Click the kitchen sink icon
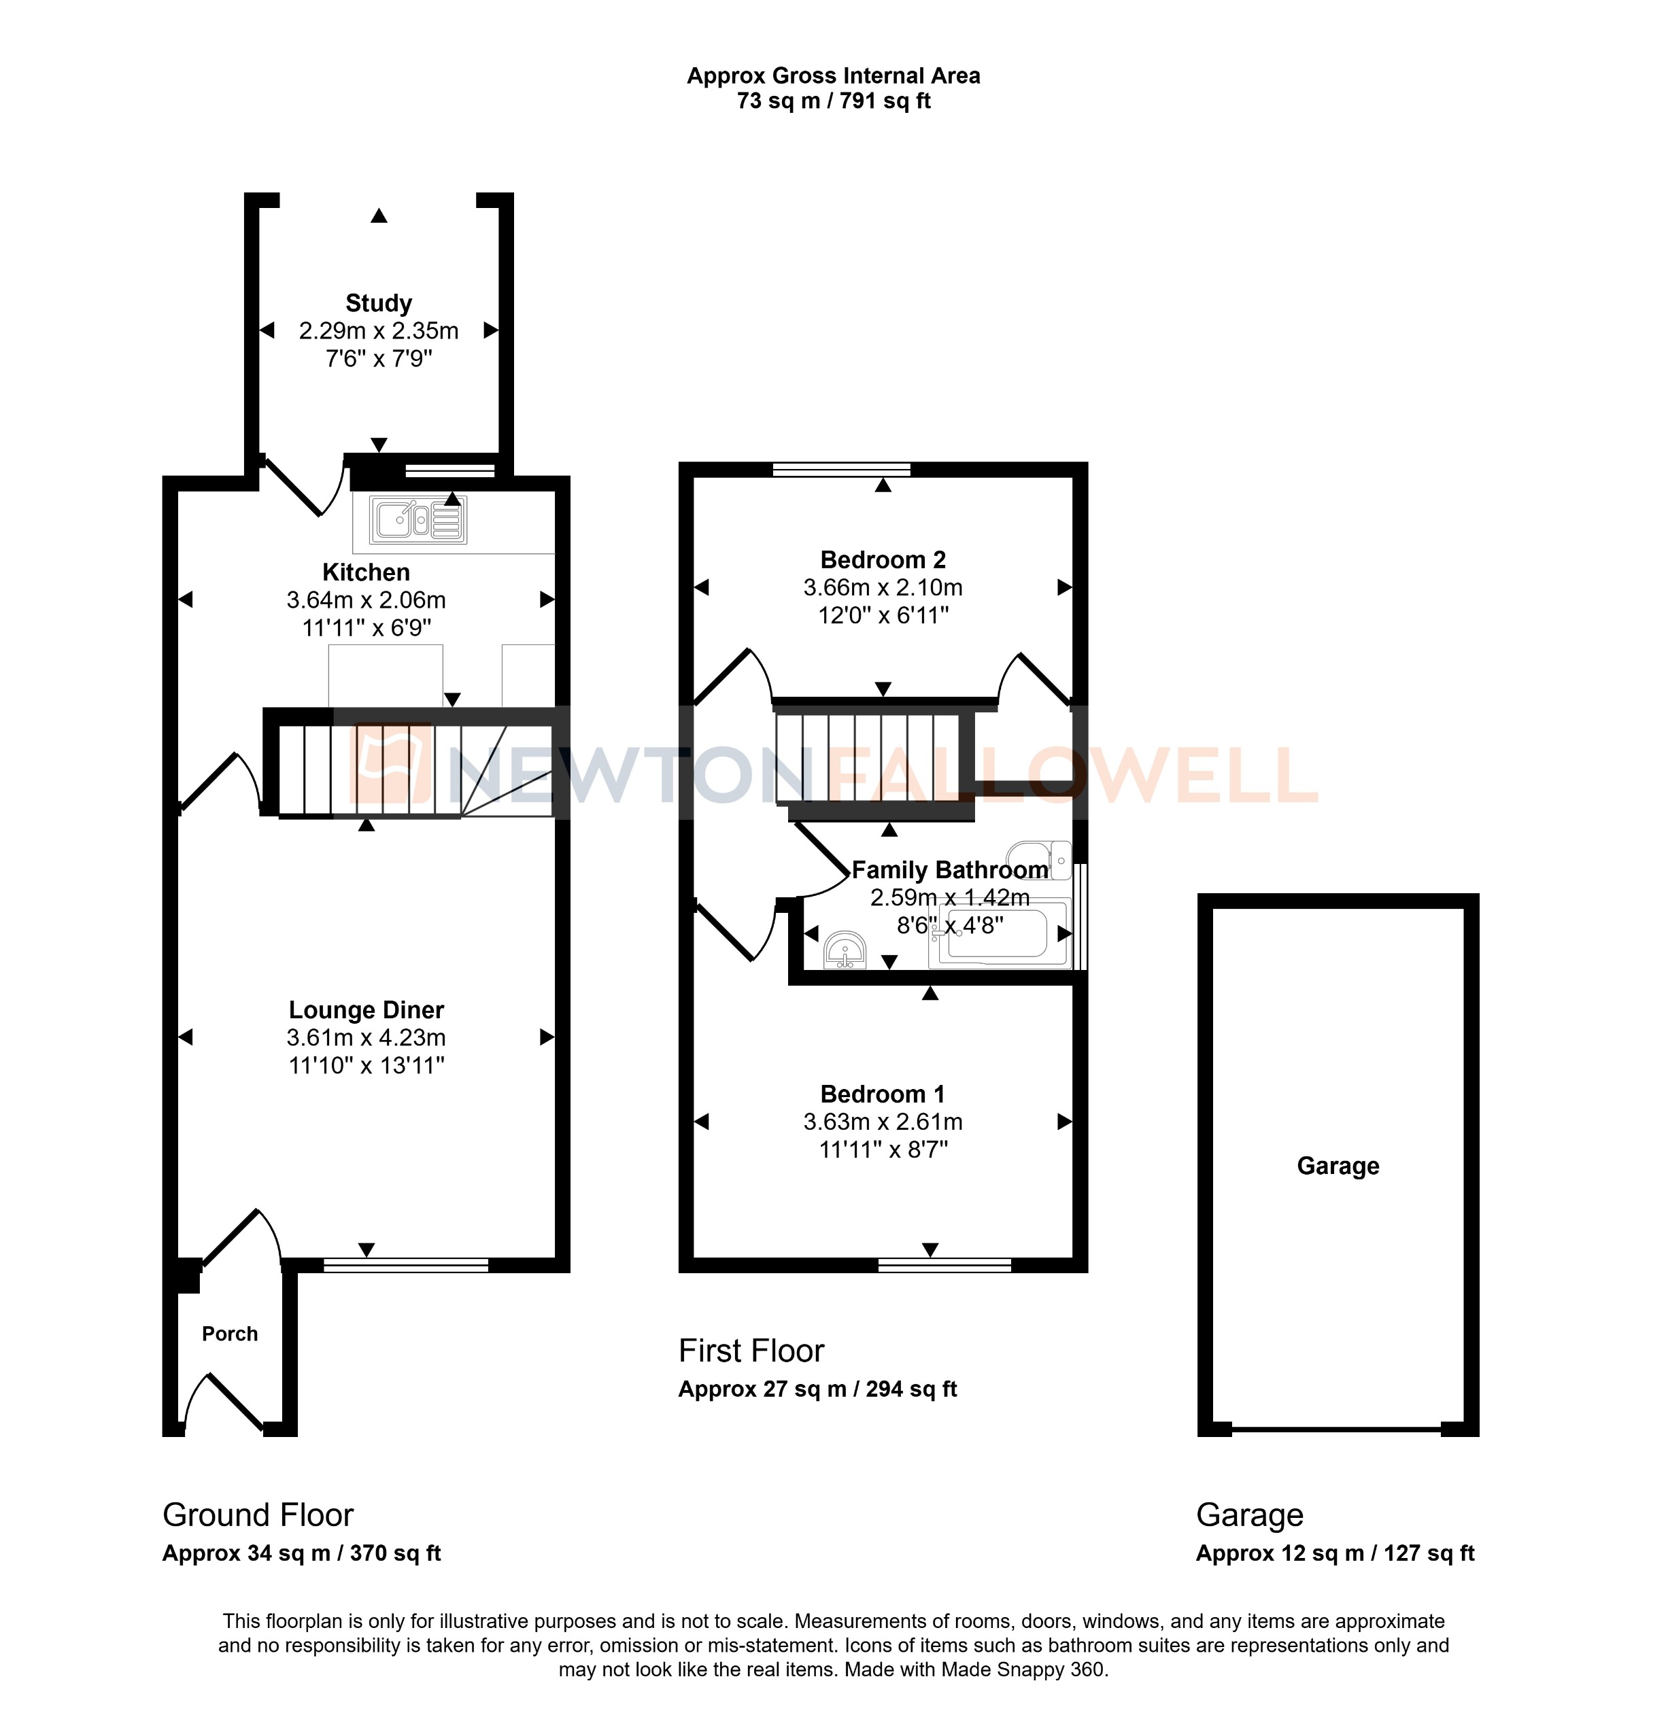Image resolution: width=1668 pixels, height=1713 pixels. click(x=418, y=520)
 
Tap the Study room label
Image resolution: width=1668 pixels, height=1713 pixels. click(x=379, y=303)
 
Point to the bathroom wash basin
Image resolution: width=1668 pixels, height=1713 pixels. click(x=845, y=950)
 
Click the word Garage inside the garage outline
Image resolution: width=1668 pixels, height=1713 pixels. click(x=1338, y=1166)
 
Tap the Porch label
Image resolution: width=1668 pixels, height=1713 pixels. click(x=230, y=1334)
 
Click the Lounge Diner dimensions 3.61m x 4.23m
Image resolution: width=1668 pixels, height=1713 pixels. click(x=367, y=1038)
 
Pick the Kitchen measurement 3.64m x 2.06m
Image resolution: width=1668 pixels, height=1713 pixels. click(x=367, y=600)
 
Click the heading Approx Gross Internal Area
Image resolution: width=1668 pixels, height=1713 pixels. click(x=833, y=76)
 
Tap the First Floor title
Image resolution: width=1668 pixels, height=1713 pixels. click(x=751, y=1351)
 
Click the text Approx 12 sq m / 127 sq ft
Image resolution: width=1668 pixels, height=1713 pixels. click(x=1334, y=1553)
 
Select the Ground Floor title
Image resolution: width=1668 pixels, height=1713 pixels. click(x=258, y=1515)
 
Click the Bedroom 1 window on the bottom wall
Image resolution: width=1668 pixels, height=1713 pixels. click(x=944, y=1264)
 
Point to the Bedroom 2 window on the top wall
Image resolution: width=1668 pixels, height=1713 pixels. click(x=841, y=470)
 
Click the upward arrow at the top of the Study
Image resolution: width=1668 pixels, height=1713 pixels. click(x=379, y=215)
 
